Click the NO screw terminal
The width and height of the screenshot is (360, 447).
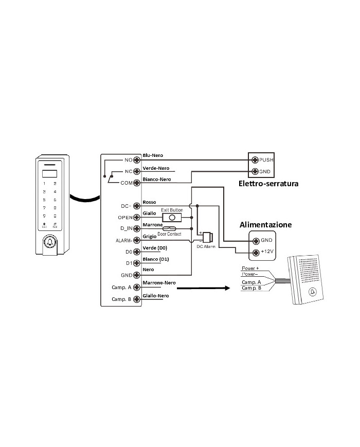tap(137, 159)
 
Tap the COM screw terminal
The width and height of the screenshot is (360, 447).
tap(137, 182)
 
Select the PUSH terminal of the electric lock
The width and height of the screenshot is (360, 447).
tap(254, 160)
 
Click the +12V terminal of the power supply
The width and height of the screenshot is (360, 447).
tap(254, 252)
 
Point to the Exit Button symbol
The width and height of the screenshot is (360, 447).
tap(172, 217)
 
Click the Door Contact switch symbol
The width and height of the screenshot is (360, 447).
tap(169, 228)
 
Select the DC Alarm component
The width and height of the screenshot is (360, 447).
tap(208, 238)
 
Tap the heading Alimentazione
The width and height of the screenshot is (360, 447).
tap(266, 225)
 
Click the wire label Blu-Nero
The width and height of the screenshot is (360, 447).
tap(153, 154)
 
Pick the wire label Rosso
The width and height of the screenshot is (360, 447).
tap(149, 202)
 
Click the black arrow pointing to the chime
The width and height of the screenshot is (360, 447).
tap(203, 289)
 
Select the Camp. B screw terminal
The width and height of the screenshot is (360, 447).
tap(137, 299)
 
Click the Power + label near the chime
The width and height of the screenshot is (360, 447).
tap(250, 269)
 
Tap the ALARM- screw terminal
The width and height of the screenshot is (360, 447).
tap(137, 240)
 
